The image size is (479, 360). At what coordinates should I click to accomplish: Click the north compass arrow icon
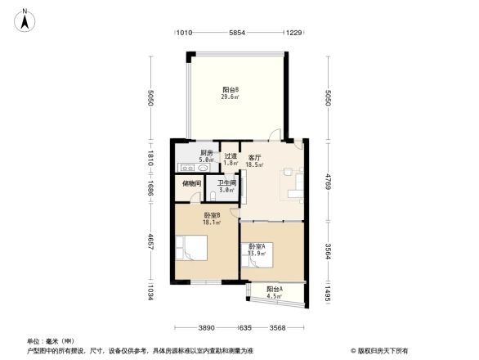coord(25,19)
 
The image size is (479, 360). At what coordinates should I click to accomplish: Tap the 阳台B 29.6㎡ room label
coord(231,92)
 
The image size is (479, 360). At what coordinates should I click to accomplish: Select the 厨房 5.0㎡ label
coord(207,156)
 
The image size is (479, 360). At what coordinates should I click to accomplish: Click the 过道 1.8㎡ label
coord(231,160)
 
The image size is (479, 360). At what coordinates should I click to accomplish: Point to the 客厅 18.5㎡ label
coord(255,160)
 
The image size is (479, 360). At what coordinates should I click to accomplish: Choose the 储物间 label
coord(191,184)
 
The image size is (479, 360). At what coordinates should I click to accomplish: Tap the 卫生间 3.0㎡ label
coord(226,187)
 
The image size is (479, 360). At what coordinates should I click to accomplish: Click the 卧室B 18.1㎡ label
coord(213,218)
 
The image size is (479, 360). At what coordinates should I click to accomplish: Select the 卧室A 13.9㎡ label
coord(257,250)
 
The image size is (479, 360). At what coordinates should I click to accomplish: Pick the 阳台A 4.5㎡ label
coord(275,293)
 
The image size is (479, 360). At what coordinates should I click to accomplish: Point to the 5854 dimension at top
coord(237,33)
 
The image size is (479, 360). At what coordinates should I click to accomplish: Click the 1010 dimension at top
coord(184,33)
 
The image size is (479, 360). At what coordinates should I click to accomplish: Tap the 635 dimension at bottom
coord(244,328)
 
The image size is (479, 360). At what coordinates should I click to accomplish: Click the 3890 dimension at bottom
coord(206,328)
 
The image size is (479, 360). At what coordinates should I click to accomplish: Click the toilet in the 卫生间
coord(213,196)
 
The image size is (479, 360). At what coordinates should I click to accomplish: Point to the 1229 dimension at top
coord(293,33)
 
